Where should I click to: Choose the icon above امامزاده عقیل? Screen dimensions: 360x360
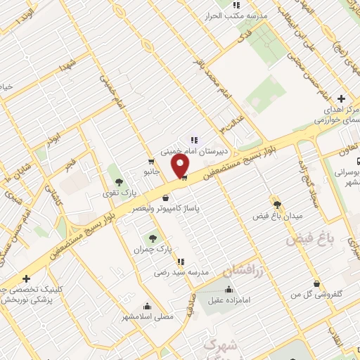coord(228,290)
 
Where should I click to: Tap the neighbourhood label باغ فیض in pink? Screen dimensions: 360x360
coord(307,240)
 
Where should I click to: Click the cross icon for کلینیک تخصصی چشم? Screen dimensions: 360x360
coord(26,279)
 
